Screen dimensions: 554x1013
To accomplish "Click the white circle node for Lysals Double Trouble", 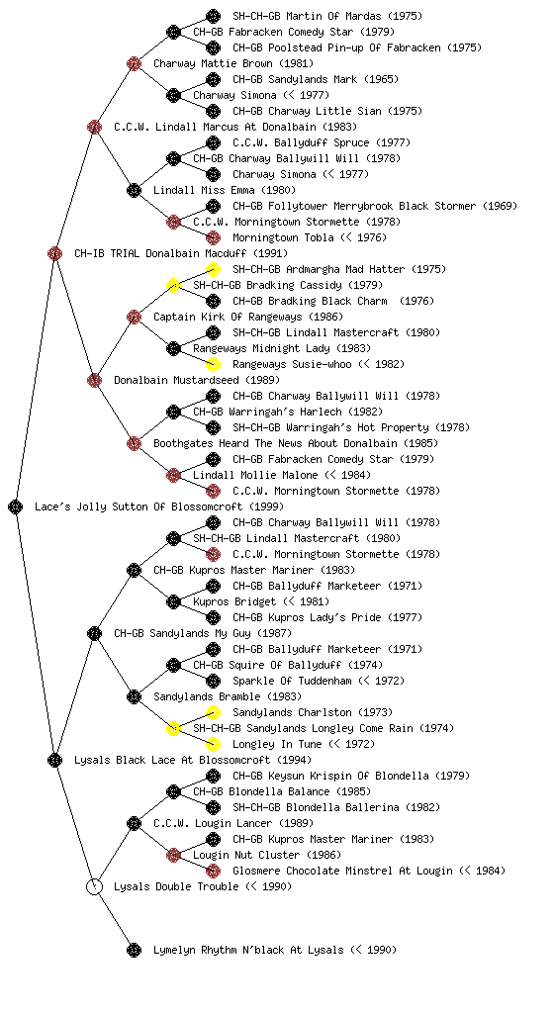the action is [94, 886].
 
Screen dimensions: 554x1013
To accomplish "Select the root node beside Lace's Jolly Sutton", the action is [16, 506].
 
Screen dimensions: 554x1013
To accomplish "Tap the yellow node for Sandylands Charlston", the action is [213, 712].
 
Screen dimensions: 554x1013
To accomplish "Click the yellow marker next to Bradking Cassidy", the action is [173, 285].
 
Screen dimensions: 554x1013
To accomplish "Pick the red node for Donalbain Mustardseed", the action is [94, 380].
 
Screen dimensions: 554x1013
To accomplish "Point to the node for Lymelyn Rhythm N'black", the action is [134, 950].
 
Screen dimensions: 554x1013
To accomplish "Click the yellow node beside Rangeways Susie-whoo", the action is [213, 364].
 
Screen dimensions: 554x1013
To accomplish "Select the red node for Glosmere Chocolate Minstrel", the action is [213, 871].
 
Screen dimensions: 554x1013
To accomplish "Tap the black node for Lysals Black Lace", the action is [54, 760].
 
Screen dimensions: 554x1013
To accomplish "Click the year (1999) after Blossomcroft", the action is [266, 506].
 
